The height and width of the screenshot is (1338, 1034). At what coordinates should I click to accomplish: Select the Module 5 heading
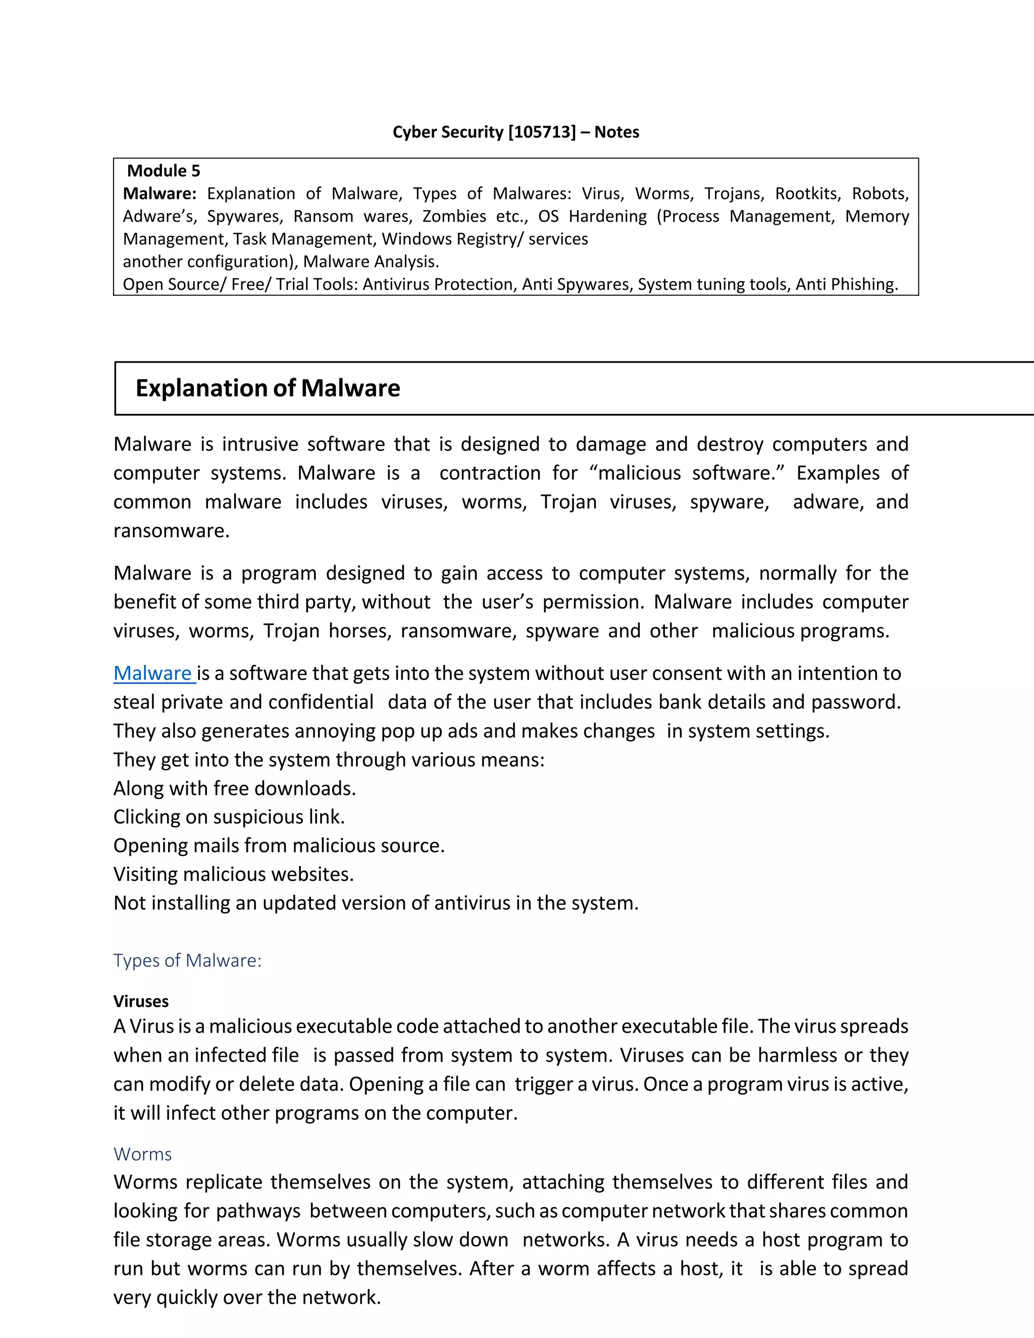(164, 171)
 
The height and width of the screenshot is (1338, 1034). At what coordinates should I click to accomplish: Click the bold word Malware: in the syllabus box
(159, 193)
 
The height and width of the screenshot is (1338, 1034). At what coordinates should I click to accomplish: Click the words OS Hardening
(592, 216)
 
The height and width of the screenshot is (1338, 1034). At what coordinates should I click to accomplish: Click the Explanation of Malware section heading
(268, 388)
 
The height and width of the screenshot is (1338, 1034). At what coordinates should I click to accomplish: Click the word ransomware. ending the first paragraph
(172, 531)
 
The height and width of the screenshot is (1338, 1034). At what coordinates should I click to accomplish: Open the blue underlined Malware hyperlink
(153, 673)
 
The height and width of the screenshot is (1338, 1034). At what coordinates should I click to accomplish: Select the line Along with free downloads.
(235, 789)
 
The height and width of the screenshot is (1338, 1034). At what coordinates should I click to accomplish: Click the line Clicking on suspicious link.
(229, 817)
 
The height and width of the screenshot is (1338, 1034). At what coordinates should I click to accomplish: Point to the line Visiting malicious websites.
(233, 874)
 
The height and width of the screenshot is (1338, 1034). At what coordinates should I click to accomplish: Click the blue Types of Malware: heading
(187, 961)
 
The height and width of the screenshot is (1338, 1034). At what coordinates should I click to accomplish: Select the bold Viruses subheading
(141, 1001)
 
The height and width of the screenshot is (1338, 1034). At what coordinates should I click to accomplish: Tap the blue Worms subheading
(143, 1154)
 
